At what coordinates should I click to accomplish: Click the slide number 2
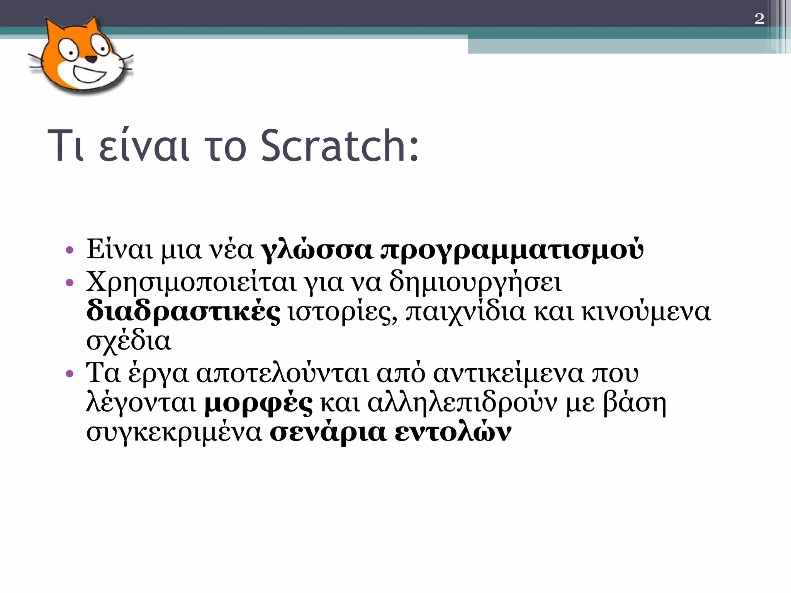(x=759, y=19)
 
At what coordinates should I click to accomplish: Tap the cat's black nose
(x=91, y=59)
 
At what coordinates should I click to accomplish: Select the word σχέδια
(x=128, y=342)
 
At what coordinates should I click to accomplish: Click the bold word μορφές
(x=258, y=404)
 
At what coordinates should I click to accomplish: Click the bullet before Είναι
(x=70, y=250)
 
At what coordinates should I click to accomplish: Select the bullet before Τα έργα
(x=70, y=374)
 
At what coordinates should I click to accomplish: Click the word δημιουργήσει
(x=475, y=283)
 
